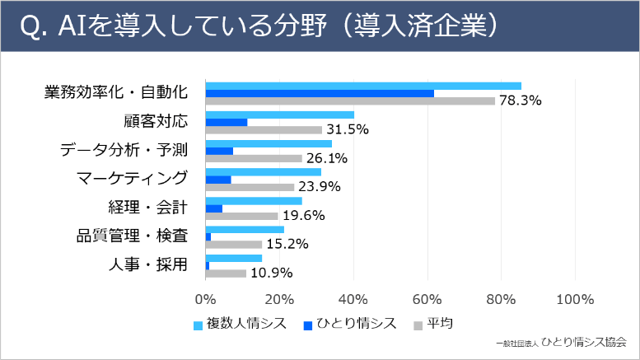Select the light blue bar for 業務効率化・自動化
[x=362, y=86]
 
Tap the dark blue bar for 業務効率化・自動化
[x=319, y=93]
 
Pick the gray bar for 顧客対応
[x=263, y=129]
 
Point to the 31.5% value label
[x=347, y=129]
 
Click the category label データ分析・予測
[x=124, y=149]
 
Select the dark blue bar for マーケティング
[x=218, y=180]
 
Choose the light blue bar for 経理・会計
[x=253, y=201]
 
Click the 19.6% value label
[x=302, y=216]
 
